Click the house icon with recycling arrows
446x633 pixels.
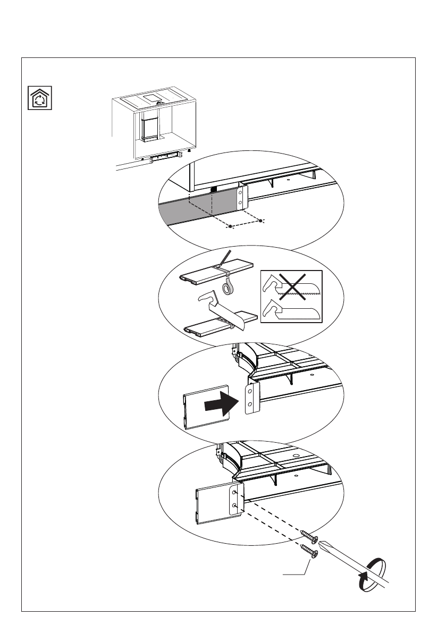40,98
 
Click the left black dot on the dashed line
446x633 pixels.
230,227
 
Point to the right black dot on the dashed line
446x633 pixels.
260,220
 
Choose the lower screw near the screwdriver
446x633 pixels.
309,551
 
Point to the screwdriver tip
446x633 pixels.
322,543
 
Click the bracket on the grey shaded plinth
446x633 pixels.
241,197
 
